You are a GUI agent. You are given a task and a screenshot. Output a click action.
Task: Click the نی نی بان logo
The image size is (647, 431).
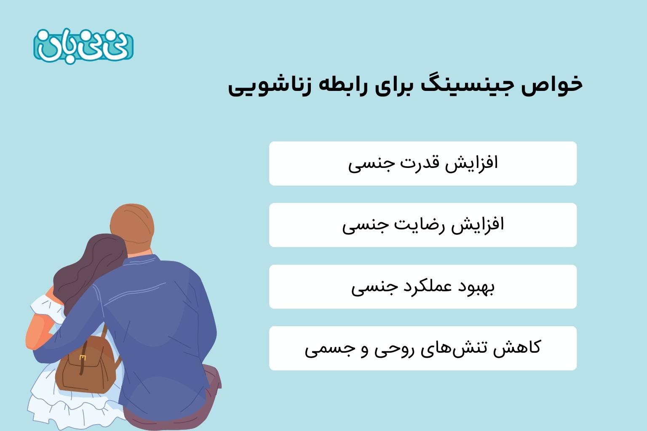pyautogui.click(x=83, y=46)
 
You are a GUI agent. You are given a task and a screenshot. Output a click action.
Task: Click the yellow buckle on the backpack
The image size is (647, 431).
pyautogui.click(x=83, y=358)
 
